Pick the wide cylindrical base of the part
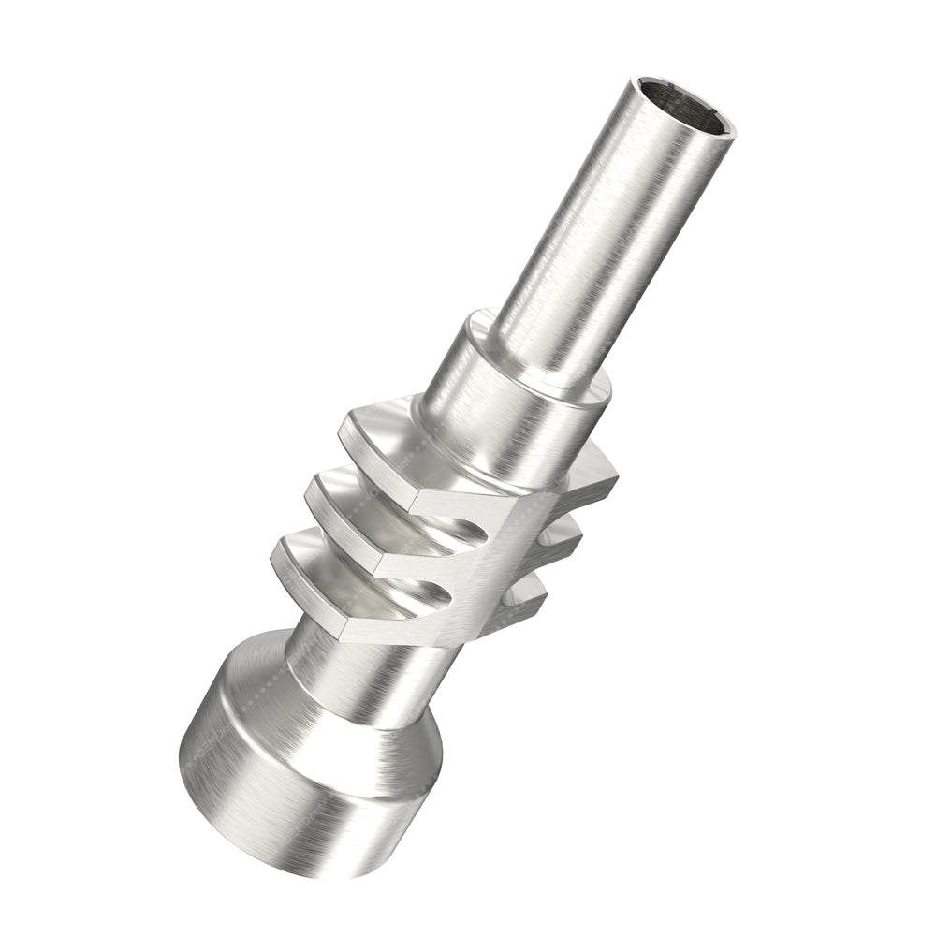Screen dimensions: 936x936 [281, 796]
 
